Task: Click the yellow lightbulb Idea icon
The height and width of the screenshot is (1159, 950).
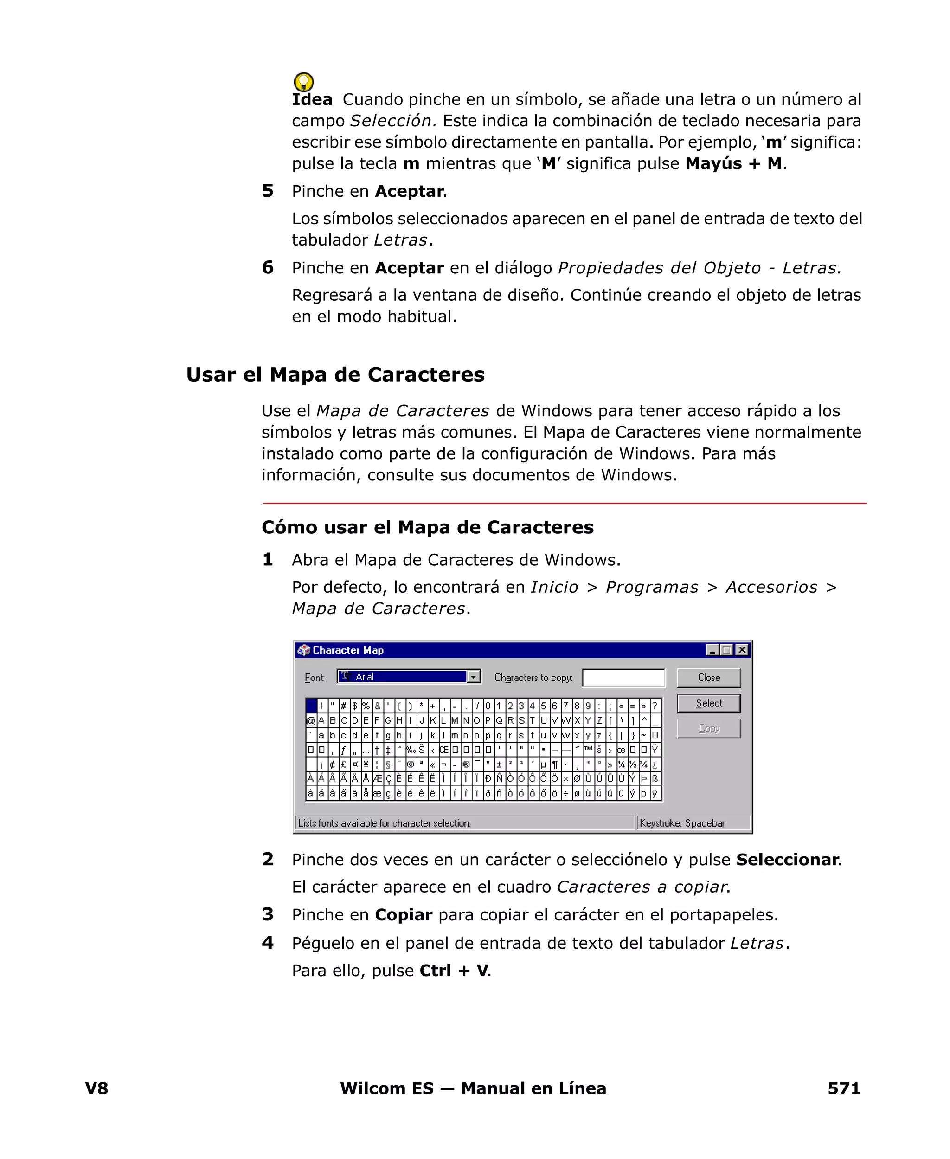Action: tap(304, 82)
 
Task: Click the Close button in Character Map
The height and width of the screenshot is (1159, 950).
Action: tap(708, 678)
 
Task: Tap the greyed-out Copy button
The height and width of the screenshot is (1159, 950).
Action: tap(708, 729)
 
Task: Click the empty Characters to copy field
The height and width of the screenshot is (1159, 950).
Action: tap(623, 678)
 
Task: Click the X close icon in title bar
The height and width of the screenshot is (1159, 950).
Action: tap(742, 650)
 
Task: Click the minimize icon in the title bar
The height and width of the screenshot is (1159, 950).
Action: tap(712, 650)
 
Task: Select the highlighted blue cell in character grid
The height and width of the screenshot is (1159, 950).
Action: tap(311, 706)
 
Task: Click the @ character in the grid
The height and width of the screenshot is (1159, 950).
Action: tap(311, 720)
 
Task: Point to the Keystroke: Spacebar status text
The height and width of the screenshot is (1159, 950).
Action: tap(682, 823)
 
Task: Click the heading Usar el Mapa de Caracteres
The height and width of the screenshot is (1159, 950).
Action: tap(335, 375)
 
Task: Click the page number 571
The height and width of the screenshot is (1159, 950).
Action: tap(843, 1088)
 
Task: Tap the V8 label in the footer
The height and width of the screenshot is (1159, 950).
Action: tap(97, 1088)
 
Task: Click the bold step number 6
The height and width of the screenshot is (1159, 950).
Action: tap(268, 268)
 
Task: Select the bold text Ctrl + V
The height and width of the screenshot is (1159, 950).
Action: tap(454, 971)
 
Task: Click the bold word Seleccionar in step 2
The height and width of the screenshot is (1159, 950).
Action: tap(787, 860)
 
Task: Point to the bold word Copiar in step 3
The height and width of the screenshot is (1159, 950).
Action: tap(403, 915)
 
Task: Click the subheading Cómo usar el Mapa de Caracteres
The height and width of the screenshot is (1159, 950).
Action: tap(427, 527)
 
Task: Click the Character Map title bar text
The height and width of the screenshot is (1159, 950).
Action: tap(347, 650)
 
